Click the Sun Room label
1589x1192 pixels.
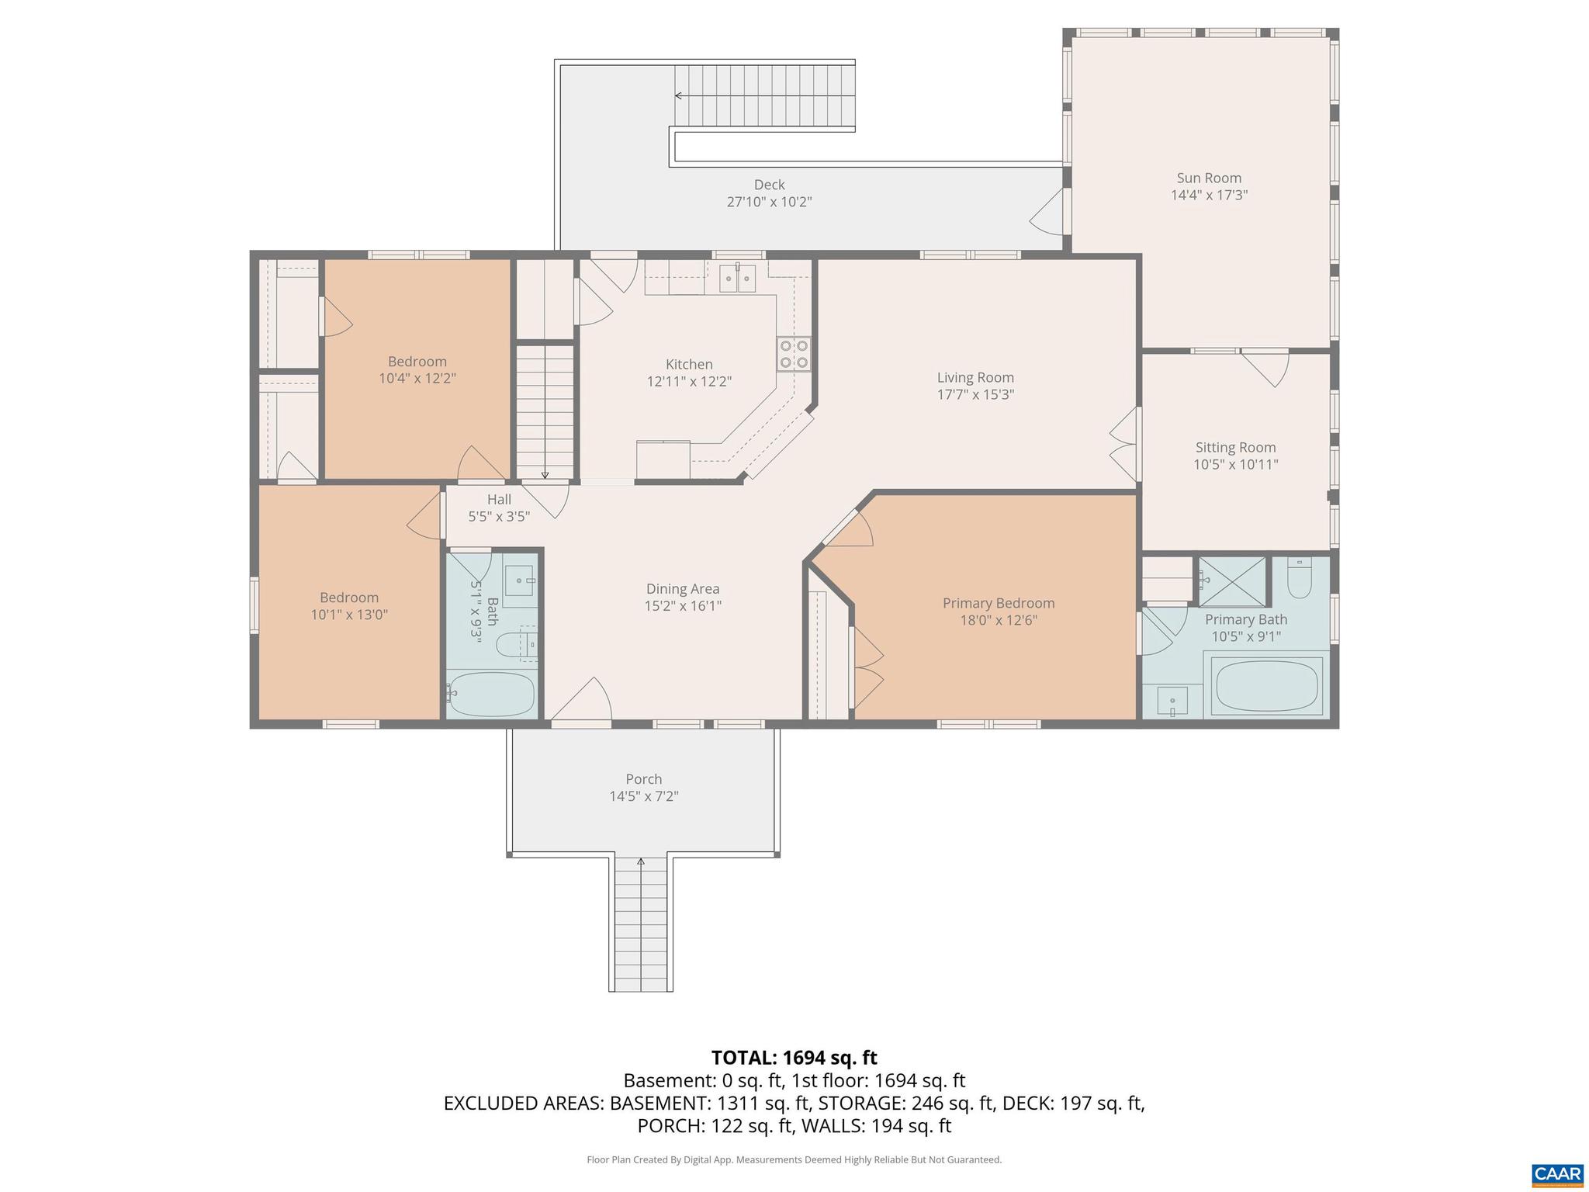(1209, 178)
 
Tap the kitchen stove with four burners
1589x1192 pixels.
(794, 354)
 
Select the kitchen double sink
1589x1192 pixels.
(737, 278)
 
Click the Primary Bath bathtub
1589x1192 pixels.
(1268, 686)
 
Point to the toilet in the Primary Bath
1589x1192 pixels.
(1299, 579)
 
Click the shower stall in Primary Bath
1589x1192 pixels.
(1232, 580)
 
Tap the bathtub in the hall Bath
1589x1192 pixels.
(493, 694)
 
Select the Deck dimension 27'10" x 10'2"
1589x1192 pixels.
(769, 203)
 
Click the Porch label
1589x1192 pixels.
(644, 779)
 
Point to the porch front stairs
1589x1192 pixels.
(641, 923)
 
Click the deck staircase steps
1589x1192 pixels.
(764, 96)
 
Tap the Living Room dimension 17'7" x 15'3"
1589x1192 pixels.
(975, 394)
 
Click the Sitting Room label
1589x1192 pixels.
(1235, 447)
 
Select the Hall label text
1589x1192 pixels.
(499, 499)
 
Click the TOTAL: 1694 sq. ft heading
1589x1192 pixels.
(794, 1057)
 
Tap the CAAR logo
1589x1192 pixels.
(1556, 1173)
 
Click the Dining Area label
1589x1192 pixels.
(683, 589)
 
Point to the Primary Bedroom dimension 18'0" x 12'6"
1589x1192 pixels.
(999, 620)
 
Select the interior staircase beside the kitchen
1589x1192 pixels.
(545, 411)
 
